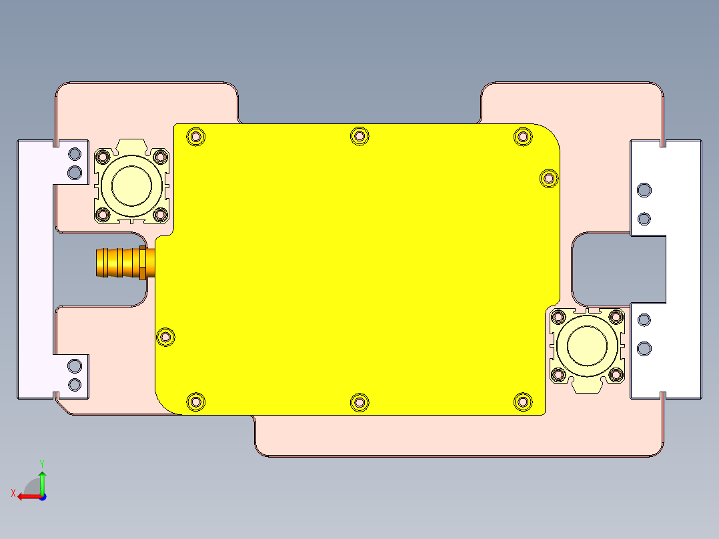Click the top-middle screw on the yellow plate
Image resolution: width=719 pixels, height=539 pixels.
359,136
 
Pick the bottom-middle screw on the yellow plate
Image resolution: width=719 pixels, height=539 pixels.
359,402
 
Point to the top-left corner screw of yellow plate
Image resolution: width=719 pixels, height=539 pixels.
195,137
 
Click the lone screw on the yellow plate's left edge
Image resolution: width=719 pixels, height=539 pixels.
165,338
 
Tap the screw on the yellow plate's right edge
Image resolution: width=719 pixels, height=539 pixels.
548,178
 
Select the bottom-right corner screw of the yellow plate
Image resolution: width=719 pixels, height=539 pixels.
523,401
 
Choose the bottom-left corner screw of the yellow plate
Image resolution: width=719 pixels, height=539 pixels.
195,402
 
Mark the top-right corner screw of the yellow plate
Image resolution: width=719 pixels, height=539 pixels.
522,137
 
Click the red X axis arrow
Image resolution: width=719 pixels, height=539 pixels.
25,496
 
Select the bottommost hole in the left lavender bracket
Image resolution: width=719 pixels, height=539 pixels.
75,384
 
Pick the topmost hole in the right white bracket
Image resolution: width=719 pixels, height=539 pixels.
644,191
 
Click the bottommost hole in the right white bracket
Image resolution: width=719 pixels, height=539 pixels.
644,348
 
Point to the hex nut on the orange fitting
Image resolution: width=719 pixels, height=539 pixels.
143,262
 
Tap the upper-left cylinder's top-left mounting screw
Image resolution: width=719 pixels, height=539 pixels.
103,157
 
